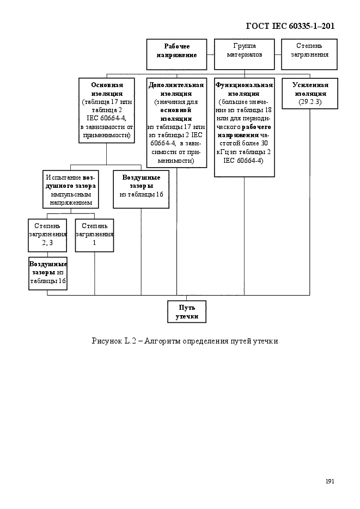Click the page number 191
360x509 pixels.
[x=330, y=481]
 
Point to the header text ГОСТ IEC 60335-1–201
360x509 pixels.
[x=290, y=26]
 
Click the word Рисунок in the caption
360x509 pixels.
[x=106, y=341]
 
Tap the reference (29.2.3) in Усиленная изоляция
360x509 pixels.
[x=310, y=102]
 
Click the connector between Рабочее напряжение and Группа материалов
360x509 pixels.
[x=211, y=54]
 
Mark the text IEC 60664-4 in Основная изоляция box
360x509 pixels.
[x=106, y=119]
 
